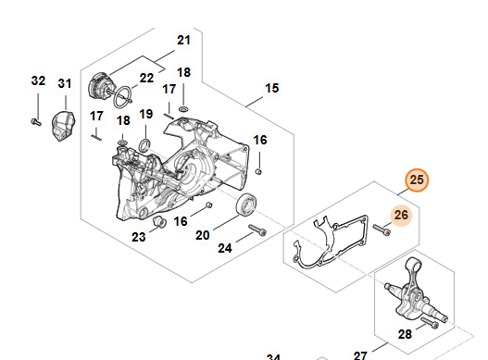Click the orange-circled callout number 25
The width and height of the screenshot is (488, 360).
click(x=417, y=180)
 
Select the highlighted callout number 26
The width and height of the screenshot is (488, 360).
click(x=401, y=215)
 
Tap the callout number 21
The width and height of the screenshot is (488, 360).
click(x=183, y=40)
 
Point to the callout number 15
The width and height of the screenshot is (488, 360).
click(x=271, y=88)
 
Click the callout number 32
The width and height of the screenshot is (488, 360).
click(x=38, y=81)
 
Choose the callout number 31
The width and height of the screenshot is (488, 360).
click(x=65, y=83)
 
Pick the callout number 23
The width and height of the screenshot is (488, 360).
click(x=139, y=237)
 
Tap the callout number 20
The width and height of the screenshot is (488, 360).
click(x=202, y=235)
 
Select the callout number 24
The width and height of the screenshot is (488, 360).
click(x=225, y=248)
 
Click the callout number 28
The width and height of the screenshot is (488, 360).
click(x=405, y=334)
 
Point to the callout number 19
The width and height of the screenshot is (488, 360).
click(x=146, y=114)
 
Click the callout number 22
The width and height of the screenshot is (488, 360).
click(x=146, y=78)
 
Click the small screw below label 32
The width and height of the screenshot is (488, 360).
click(x=36, y=122)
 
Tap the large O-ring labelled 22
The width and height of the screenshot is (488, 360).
click(x=121, y=97)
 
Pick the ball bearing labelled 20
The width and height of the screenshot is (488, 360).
click(x=246, y=205)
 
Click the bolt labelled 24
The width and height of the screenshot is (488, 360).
click(x=257, y=230)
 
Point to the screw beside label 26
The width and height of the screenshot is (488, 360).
click(x=382, y=230)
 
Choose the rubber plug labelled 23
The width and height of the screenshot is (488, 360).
click(x=159, y=221)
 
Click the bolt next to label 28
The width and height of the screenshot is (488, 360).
click(x=430, y=323)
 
